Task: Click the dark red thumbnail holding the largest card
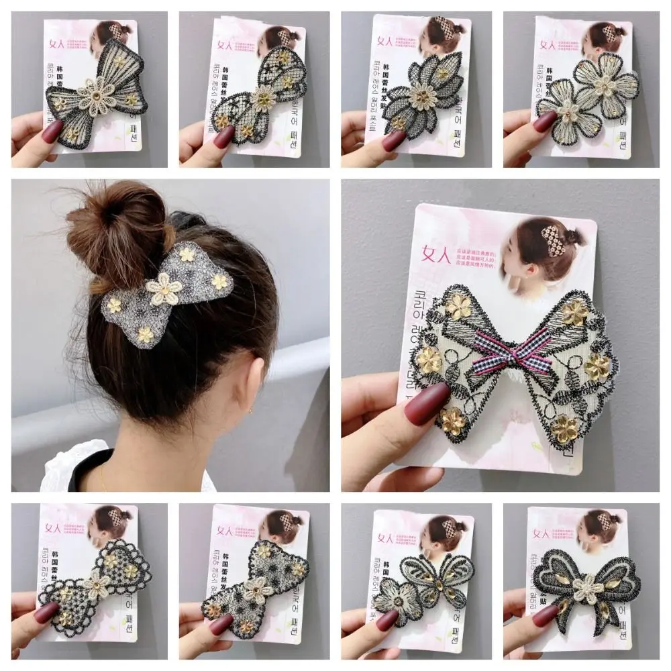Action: (x=427, y=403)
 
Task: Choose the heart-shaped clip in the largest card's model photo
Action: (x=554, y=241)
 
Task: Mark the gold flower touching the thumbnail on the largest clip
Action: (x=429, y=361)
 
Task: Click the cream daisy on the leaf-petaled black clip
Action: (x=423, y=95)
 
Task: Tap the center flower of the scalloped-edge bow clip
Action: (x=99, y=586)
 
